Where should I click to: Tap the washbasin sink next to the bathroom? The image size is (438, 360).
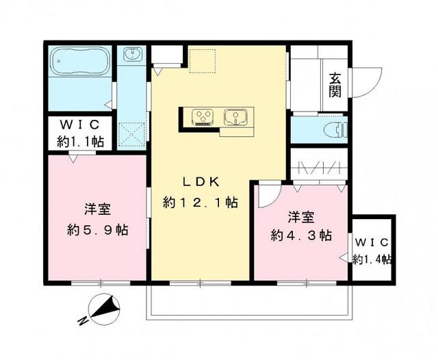[132, 55]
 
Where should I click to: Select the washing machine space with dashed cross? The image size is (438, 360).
[131, 132]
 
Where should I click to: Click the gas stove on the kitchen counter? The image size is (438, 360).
[202, 117]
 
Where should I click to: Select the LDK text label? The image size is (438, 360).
[200, 182]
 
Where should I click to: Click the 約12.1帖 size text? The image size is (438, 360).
[201, 203]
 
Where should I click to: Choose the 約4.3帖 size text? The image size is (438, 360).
[301, 235]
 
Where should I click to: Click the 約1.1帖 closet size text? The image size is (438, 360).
[80, 142]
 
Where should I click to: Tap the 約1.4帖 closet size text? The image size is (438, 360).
[372, 259]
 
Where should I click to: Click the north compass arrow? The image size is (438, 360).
[107, 309]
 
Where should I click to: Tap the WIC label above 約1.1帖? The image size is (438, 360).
[80, 126]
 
